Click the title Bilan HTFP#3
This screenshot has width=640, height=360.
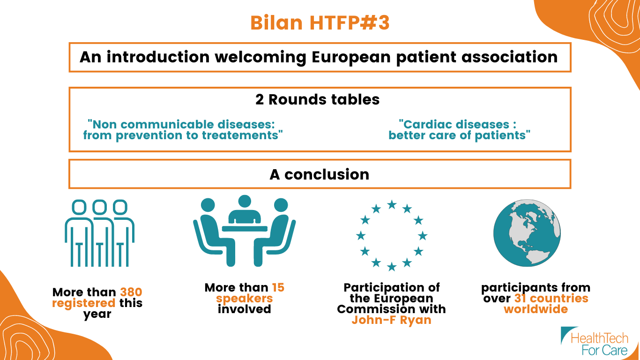tap(320, 22)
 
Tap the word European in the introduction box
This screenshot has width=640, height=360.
tap(351, 58)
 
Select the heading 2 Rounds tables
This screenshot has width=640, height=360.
tap(318, 99)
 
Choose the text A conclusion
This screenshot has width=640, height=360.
tap(320, 174)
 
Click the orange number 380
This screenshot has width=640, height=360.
tap(131, 292)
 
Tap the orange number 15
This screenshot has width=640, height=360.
tap(278, 287)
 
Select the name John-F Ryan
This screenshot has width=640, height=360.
tap(391, 320)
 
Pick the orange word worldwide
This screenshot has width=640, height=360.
tap(536, 309)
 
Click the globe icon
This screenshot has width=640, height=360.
tap(527, 233)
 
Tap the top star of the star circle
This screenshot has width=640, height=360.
tap(392, 204)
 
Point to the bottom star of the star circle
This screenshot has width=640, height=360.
tap(392, 267)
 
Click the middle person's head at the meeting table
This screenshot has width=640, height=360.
tap(245, 201)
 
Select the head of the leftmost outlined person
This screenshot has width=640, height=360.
tap(79, 207)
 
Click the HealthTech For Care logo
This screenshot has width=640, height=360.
tap(595, 342)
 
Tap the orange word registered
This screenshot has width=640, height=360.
tap(84, 303)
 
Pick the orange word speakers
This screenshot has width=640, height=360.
tap(244, 299)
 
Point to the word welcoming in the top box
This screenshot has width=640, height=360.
tap(260, 58)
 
